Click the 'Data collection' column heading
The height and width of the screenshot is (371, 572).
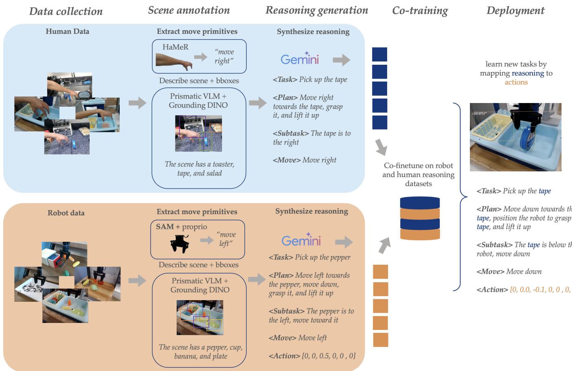66,11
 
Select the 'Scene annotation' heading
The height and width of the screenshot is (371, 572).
188,10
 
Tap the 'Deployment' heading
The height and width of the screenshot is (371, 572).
515,11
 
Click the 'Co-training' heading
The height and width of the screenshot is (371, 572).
420,11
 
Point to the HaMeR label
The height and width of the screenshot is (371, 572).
175,47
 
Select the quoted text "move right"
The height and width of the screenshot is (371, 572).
224,56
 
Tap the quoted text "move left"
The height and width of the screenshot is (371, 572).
226,239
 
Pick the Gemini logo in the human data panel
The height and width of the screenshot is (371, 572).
300,59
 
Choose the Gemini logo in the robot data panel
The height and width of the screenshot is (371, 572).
301,240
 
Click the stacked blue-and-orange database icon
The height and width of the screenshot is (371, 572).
420,218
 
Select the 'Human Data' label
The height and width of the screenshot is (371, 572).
67,31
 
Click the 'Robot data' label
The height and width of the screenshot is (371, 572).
66,213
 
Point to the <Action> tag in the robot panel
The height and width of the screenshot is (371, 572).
284,356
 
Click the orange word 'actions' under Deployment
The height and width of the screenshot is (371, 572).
516,82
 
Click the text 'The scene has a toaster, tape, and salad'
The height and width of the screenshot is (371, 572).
199,169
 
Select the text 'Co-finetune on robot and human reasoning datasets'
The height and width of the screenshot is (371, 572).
419,174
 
